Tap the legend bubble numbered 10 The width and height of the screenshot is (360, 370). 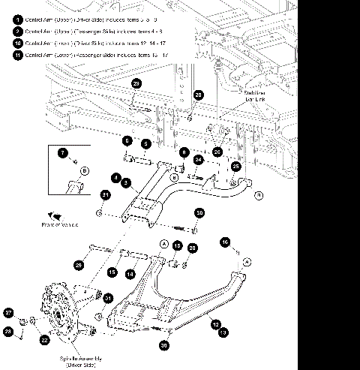17,43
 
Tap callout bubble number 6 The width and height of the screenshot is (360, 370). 127,141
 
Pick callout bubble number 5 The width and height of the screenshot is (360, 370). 146,143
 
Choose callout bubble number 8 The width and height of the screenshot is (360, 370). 183,152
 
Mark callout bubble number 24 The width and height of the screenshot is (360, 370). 198,160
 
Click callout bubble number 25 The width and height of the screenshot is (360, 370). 235,166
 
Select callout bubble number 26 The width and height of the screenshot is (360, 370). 217,152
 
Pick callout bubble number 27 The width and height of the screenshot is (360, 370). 9,312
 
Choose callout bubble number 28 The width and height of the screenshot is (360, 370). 9,331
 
